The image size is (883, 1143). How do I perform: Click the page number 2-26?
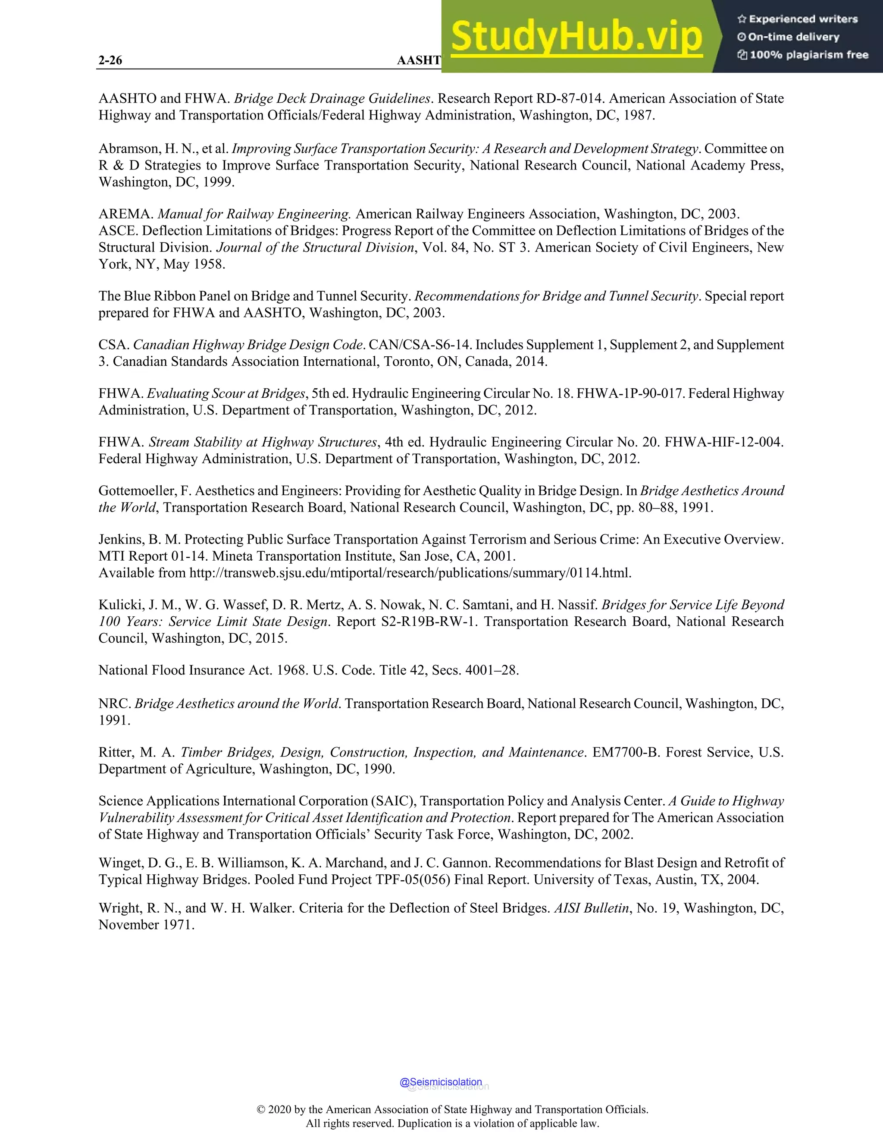tap(110, 60)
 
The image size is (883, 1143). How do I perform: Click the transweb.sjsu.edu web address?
tap(410, 573)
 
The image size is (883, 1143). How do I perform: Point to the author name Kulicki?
tap(120, 605)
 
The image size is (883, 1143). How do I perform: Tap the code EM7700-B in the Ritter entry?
tap(625, 753)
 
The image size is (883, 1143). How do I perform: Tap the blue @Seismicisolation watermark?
tap(441, 1082)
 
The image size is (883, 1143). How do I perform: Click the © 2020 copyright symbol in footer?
tap(261, 1109)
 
